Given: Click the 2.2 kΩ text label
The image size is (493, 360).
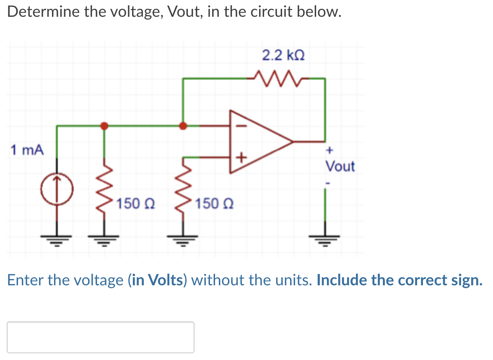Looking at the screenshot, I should click(283, 55).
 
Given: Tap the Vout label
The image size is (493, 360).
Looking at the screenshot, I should click(340, 167).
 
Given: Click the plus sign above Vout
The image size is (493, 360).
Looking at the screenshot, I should click(330, 149).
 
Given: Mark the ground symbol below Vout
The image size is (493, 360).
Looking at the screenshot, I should click(324, 240).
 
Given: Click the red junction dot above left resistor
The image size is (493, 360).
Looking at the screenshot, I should click(104, 125).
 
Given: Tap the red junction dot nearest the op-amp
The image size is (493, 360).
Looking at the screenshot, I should click(183, 125).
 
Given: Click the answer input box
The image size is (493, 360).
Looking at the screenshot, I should click(101, 337).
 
